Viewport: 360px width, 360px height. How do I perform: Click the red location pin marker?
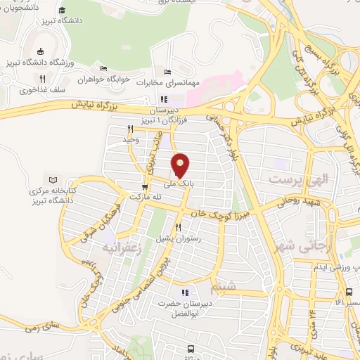181,165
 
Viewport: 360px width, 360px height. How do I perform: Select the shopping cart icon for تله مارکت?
145,187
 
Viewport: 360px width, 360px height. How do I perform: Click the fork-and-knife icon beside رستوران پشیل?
178,227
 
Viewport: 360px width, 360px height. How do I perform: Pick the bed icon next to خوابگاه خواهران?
103,69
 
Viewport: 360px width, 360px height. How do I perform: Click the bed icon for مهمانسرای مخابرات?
167,72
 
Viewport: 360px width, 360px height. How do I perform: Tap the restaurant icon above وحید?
130,129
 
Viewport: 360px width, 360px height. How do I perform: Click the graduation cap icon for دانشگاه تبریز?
63,10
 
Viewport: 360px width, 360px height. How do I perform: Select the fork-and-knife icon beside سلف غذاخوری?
42,79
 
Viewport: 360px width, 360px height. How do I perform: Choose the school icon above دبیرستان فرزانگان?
164,99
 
